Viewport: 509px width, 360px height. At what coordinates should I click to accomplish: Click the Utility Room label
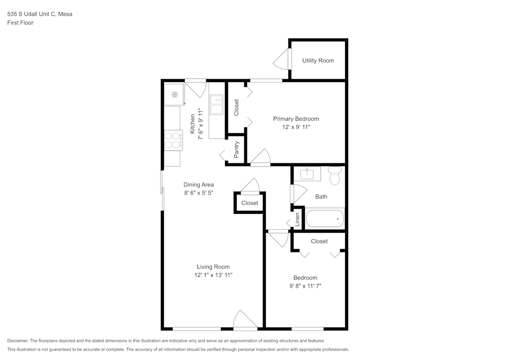[x=318, y=61]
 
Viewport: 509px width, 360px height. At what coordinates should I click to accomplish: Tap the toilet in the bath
[x=334, y=176]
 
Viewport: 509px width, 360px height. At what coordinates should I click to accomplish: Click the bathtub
[x=325, y=218]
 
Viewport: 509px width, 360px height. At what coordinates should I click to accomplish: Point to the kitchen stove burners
[x=174, y=140]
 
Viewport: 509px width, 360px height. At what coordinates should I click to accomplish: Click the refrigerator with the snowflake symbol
[x=174, y=95]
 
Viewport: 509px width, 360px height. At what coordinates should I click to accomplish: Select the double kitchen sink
[x=216, y=106]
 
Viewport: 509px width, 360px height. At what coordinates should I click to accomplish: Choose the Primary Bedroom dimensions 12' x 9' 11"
[x=296, y=127]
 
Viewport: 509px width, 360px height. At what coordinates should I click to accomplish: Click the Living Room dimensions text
[x=213, y=275]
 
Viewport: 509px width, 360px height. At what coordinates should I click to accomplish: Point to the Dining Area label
[x=199, y=185]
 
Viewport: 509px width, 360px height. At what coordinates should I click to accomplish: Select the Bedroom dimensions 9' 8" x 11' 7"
[x=305, y=286]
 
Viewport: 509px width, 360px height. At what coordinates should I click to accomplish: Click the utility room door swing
[x=281, y=61]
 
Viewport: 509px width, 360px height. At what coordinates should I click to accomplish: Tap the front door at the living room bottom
[x=245, y=321]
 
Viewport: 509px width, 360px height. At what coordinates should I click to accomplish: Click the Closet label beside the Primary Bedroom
[x=236, y=107]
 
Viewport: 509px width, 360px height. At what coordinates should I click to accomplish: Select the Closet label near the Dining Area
[x=249, y=203]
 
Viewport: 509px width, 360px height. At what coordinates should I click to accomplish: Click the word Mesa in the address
[x=65, y=14]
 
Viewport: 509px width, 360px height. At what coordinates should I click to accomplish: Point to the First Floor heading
[x=20, y=23]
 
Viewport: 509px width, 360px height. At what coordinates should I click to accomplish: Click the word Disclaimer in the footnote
[x=18, y=341]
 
